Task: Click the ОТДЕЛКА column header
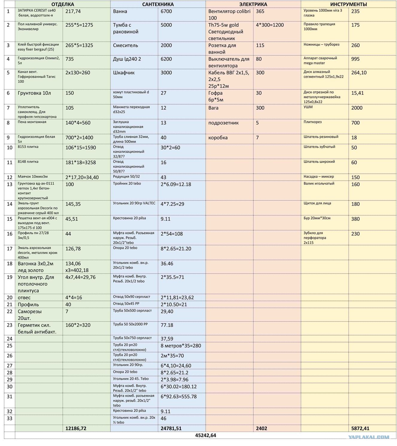[63, 4]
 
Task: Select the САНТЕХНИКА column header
[158, 4]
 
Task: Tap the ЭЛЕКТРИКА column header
[253, 4]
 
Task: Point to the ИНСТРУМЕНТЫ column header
[349, 4]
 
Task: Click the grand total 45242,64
[205, 436]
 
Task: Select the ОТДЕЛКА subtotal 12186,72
[76, 428]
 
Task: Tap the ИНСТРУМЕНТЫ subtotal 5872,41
[363, 428]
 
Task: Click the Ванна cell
[120, 11]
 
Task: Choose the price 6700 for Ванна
[166, 11]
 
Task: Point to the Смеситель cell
[126, 46]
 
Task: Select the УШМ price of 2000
[357, 108]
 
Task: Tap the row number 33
[10, 418]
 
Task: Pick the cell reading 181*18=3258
[81, 163]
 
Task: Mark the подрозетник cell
[223, 123]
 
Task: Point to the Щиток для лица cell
[317, 203]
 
